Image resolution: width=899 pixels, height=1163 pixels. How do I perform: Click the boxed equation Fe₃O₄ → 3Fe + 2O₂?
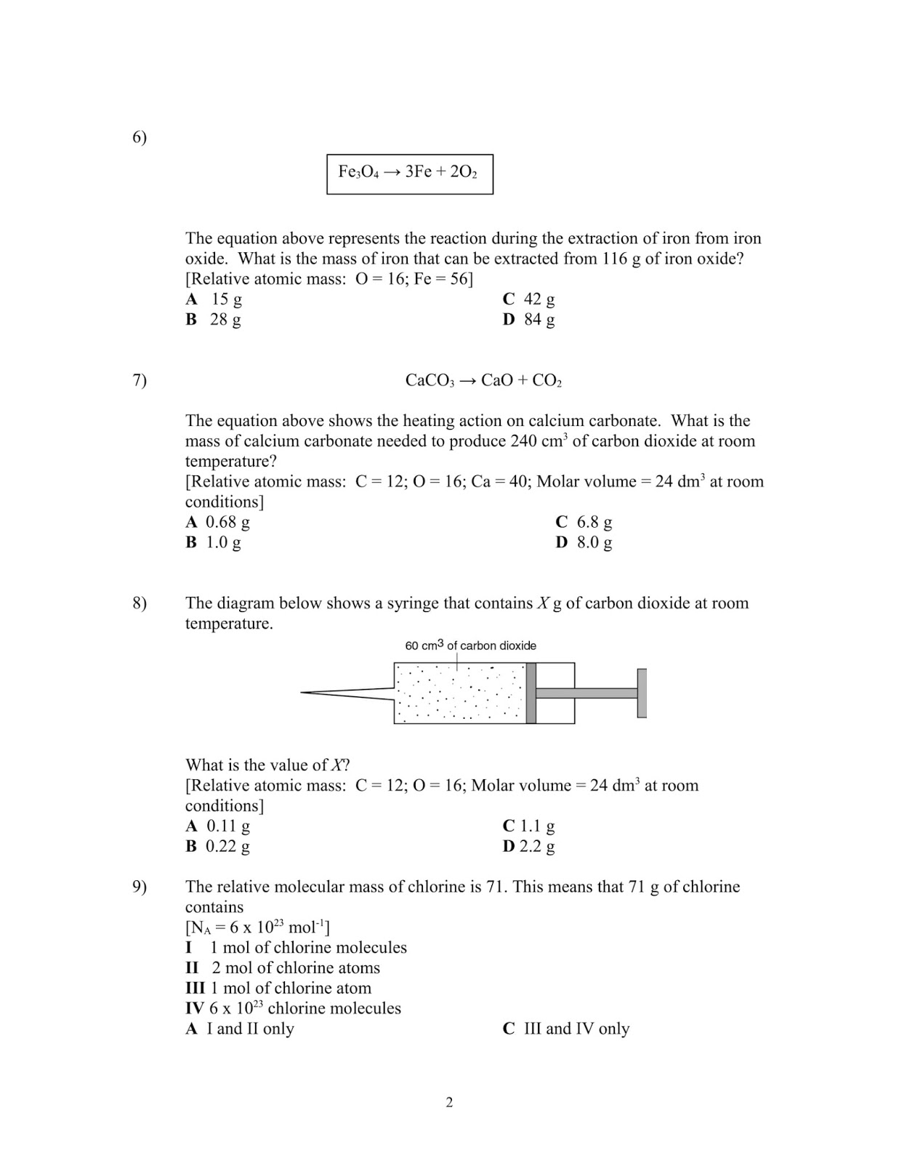409,173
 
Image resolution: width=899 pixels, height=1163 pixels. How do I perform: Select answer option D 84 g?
528,319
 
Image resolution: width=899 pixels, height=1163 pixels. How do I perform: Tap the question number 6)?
140,137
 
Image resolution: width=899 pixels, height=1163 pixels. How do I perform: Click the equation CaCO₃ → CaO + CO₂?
483,380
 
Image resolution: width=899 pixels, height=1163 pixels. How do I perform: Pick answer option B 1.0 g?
213,542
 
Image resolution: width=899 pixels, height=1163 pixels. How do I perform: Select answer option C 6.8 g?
584,522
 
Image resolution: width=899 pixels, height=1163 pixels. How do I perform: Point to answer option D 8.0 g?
584,542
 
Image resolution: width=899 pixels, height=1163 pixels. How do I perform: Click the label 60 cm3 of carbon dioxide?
470,645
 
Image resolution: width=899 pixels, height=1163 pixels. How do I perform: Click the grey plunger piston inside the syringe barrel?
531,693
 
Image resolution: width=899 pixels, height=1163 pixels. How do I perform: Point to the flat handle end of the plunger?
642,693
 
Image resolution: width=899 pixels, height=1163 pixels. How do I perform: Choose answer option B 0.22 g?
217,846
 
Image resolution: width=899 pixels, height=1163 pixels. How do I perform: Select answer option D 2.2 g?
528,846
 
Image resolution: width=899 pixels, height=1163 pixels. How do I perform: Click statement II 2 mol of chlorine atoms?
283,968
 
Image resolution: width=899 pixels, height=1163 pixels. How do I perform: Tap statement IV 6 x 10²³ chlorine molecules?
293,1008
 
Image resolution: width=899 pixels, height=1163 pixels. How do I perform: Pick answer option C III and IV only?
566,1029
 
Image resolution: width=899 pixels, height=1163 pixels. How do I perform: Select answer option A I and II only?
240,1029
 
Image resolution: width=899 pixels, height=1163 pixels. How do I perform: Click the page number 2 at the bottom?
449,1103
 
